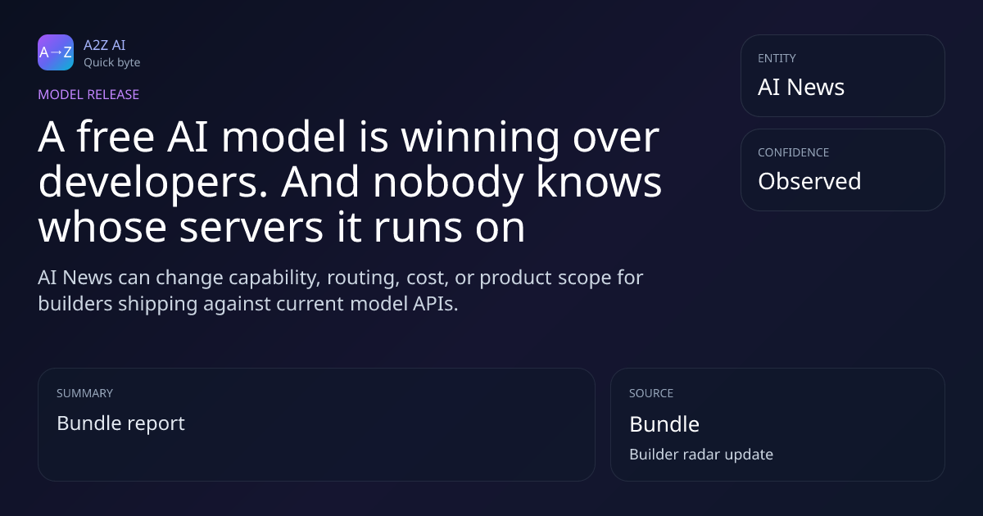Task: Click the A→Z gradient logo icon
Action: pos(56,52)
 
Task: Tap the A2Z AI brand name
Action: pos(105,45)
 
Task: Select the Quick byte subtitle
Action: pos(112,62)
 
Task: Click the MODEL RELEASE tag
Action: pos(88,94)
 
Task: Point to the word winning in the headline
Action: pos(480,138)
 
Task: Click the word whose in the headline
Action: pos(102,226)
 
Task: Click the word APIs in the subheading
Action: pos(435,304)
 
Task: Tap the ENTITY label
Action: pos(777,58)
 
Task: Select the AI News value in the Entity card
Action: pos(801,87)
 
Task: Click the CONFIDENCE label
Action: pos(794,152)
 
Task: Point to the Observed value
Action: pos(809,181)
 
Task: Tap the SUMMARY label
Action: pos(84,393)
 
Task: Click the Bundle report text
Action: pos(120,423)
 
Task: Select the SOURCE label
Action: pos(651,393)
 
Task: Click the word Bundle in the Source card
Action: pos(664,424)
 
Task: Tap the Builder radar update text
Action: pos(701,455)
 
